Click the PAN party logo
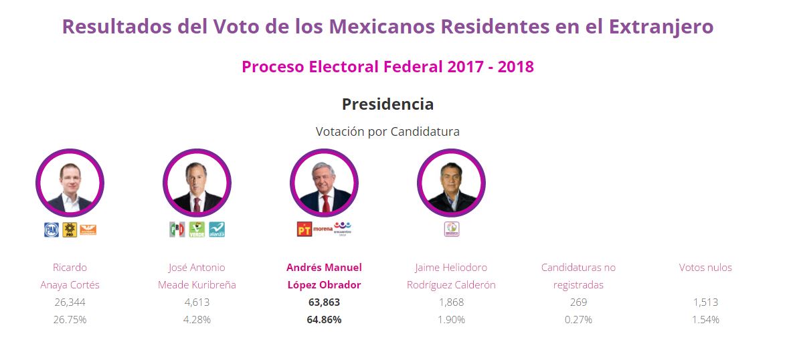click(x=51, y=230)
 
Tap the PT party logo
click(x=304, y=230)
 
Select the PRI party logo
click(x=177, y=230)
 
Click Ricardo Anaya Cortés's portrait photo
click(x=70, y=183)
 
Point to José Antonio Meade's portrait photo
click(x=197, y=183)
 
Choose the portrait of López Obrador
click(x=324, y=183)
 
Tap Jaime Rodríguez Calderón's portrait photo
click(x=451, y=183)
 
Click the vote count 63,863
click(x=324, y=302)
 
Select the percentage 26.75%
click(x=70, y=320)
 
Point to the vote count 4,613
click(x=197, y=302)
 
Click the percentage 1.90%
click(x=451, y=320)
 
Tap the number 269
click(x=578, y=302)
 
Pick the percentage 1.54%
click(x=705, y=320)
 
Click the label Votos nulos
click(x=705, y=268)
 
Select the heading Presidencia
click(x=387, y=104)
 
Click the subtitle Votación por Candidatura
click(x=387, y=132)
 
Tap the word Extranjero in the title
click(x=661, y=27)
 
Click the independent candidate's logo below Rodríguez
click(x=452, y=230)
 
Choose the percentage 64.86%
click(x=324, y=320)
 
